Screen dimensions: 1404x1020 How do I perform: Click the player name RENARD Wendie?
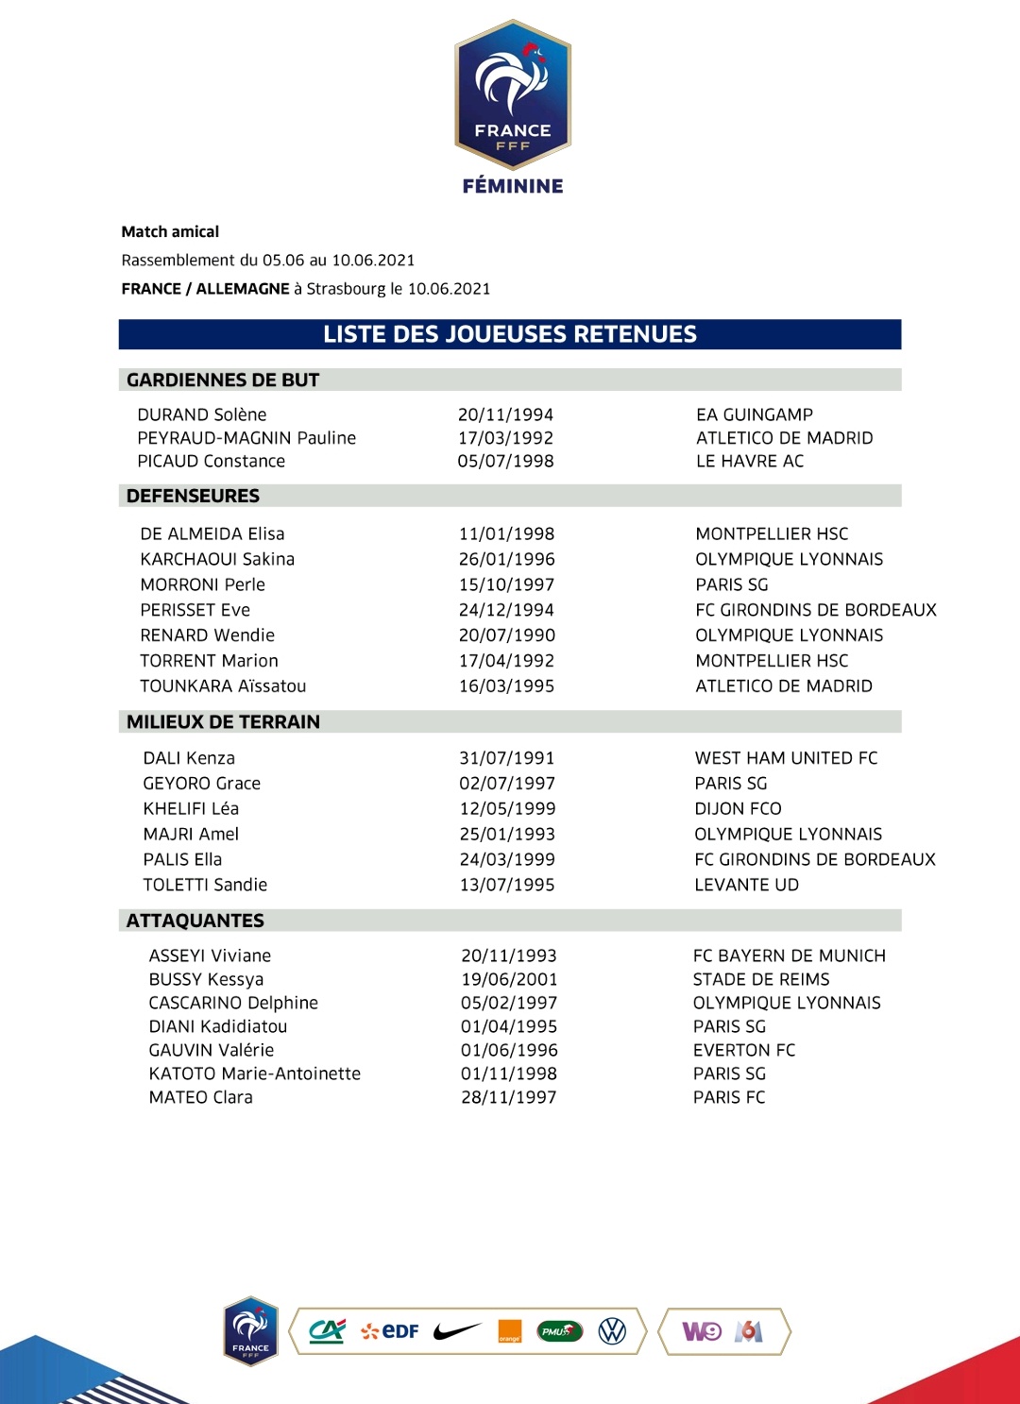pyautogui.click(x=207, y=635)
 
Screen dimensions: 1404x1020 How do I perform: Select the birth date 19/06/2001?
pyautogui.click(x=509, y=979)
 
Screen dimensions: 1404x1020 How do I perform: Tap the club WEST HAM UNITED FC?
pyautogui.click(x=786, y=758)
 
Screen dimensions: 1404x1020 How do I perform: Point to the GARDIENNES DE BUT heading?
pyautogui.click(x=223, y=381)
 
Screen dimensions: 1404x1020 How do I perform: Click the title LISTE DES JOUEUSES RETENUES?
pyautogui.click(x=510, y=334)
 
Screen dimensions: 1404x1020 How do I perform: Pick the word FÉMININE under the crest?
pyautogui.click(x=513, y=186)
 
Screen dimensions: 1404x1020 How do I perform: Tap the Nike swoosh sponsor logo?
pyautogui.click(x=457, y=1331)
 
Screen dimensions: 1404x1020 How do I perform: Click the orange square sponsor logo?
pyautogui.click(x=509, y=1330)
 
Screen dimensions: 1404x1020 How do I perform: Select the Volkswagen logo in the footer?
pyautogui.click(x=612, y=1331)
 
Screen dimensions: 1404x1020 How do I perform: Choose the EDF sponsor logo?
pyautogui.click(x=390, y=1331)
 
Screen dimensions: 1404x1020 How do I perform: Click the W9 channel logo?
pyautogui.click(x=702, y=1331)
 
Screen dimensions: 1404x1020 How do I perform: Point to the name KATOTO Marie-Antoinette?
pyautogui.click(x=254, y=1074)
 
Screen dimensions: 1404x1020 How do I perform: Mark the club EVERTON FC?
pyautogui.click(x=744, y=1050)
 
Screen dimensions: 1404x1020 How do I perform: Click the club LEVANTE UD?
pyautogui.click(x=746, y=885)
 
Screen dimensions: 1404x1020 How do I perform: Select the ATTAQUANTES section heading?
pyautogui.click(x=195, y=921)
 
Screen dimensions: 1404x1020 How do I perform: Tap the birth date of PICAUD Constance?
pyautogui.click(x=505, y=461)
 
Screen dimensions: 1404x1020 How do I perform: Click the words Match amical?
pyautogui.click(x=170, y=232)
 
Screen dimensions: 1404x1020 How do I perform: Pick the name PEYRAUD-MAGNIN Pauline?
pyautogui.click(x=246, y=438)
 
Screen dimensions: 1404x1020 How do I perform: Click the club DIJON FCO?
pyautogui.click(x=738, y=809)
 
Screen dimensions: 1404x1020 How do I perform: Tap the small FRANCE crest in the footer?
pyautogui.click(x=250, y=1330)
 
